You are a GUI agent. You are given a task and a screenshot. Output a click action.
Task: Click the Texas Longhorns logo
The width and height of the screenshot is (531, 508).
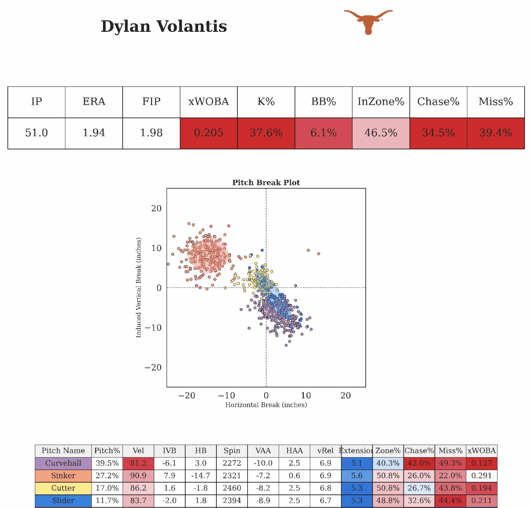pos(368,21)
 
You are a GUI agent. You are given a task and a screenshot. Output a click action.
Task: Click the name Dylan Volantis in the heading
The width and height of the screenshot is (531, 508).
pos(164,26)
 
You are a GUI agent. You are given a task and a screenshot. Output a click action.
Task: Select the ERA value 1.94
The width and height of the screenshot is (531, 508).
pos(94,133)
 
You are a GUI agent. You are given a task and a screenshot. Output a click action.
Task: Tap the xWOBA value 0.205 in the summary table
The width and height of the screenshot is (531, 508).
pos(208,133)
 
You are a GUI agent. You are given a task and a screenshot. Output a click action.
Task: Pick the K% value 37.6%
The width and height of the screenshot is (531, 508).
pos(266,133)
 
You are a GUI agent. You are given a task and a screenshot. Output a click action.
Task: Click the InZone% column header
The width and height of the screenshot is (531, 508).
pos(381,102)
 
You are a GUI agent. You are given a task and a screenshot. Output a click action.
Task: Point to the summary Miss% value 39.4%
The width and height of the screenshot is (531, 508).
pos(495,133)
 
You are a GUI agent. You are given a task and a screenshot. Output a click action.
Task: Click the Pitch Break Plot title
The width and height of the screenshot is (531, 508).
pos(266,183)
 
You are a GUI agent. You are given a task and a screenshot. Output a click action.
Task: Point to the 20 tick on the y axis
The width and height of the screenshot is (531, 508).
pos(156,208)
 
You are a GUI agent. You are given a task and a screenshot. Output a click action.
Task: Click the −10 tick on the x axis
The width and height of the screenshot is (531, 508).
pos(226,396)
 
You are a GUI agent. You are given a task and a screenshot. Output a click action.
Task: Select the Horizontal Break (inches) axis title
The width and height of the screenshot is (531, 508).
pos(266,405)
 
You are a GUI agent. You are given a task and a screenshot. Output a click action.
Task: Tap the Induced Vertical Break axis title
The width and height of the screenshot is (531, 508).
pos(139,287)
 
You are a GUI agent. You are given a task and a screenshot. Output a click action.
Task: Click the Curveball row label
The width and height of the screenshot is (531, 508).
pos(63,463)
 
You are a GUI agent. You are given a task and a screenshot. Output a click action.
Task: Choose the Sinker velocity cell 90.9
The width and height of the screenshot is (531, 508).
pos(138,475)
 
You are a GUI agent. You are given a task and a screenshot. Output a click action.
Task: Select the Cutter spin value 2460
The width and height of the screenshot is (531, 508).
pos(232,488)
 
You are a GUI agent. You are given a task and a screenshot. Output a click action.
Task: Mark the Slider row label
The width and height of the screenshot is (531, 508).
pos(63,500)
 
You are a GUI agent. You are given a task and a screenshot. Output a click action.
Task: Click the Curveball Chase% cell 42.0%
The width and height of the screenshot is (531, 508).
pos(419,463)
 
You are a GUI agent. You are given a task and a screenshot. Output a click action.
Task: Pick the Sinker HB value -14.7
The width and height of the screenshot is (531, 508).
pos(201,475)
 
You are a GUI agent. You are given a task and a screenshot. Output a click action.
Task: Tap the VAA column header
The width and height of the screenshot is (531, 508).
pos(263,451)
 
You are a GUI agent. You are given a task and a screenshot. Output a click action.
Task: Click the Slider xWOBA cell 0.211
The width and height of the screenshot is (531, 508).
pos(482,500)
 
